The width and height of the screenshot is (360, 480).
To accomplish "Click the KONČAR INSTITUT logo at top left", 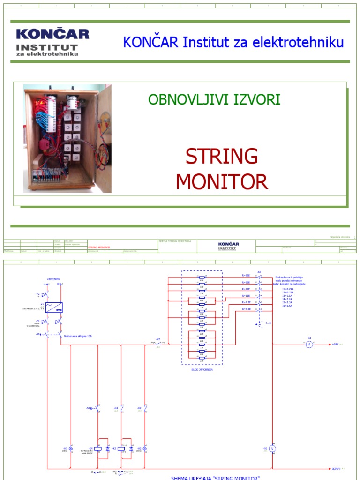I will (52, 42).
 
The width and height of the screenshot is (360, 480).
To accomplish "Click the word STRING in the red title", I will (222, 156).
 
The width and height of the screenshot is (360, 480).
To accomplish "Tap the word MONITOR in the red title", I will (222, 181).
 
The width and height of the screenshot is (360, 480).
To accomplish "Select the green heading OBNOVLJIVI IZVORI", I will (214, 99).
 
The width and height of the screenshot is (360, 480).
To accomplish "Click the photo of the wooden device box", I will (67, 138).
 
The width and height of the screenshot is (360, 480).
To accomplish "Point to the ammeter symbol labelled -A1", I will (309, 344).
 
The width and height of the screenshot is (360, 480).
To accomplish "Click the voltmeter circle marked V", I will (273, 449).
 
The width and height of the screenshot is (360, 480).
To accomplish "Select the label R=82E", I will (246, 276).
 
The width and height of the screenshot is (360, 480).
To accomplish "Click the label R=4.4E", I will (246, 309).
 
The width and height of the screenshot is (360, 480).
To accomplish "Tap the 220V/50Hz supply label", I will (54, 279).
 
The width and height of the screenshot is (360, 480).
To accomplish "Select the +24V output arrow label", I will (336, 344).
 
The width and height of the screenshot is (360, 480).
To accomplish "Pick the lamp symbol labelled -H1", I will (71, 449).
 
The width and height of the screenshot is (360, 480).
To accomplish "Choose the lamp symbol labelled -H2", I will (145, 449).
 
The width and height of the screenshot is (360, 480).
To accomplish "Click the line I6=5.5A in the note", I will (287, 305).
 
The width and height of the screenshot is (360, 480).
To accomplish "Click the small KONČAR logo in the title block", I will (229, 246).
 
